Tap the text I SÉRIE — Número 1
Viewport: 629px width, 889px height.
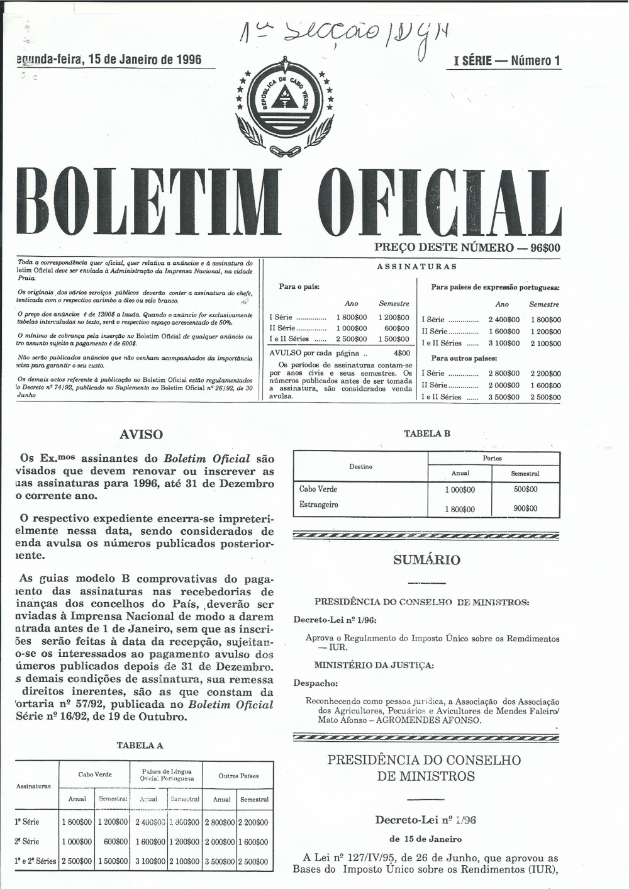click(506, 61)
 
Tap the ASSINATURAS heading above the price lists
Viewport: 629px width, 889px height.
click(416, 267)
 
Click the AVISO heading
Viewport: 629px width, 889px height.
click(141, 435)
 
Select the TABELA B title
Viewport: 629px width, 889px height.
click(426, 433)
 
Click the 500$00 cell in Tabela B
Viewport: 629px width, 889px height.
click(525, 489)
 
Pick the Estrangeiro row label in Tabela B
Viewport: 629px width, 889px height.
click(318, 505)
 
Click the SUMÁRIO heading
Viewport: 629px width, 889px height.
click(426, 560)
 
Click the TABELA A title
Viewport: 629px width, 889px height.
click(140, 746)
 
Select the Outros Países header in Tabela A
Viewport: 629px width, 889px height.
click(238, 776)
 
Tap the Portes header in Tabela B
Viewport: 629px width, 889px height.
click(492, 459)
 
